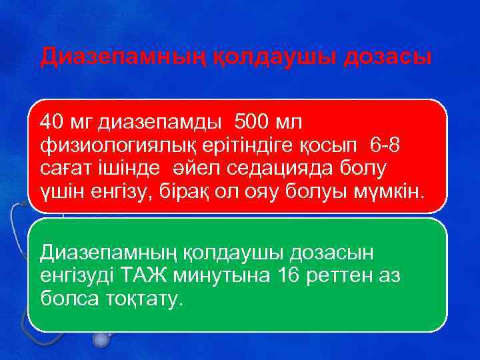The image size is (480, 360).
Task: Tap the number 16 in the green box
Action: pos(283,275)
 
